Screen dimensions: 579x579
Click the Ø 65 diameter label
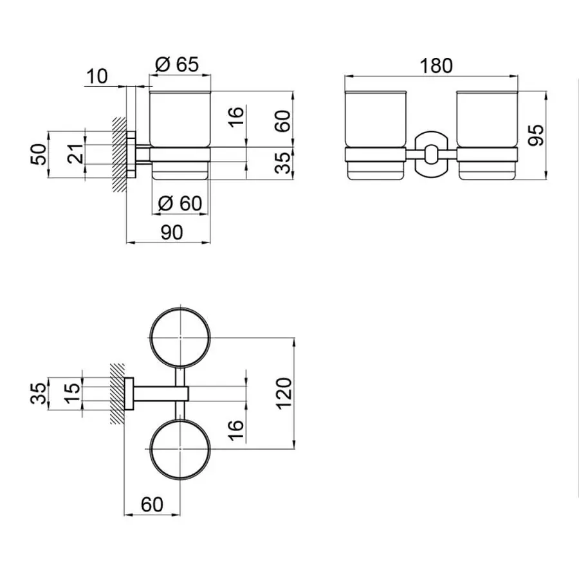(x=176, y=64)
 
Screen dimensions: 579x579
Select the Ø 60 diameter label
(x=179, y=203)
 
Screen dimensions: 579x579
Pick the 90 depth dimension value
(x=170, y=233)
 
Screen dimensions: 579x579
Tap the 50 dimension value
(x=40, y=154)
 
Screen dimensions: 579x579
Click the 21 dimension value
(x=76, y=154)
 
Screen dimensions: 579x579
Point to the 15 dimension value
(x=75, y=389)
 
